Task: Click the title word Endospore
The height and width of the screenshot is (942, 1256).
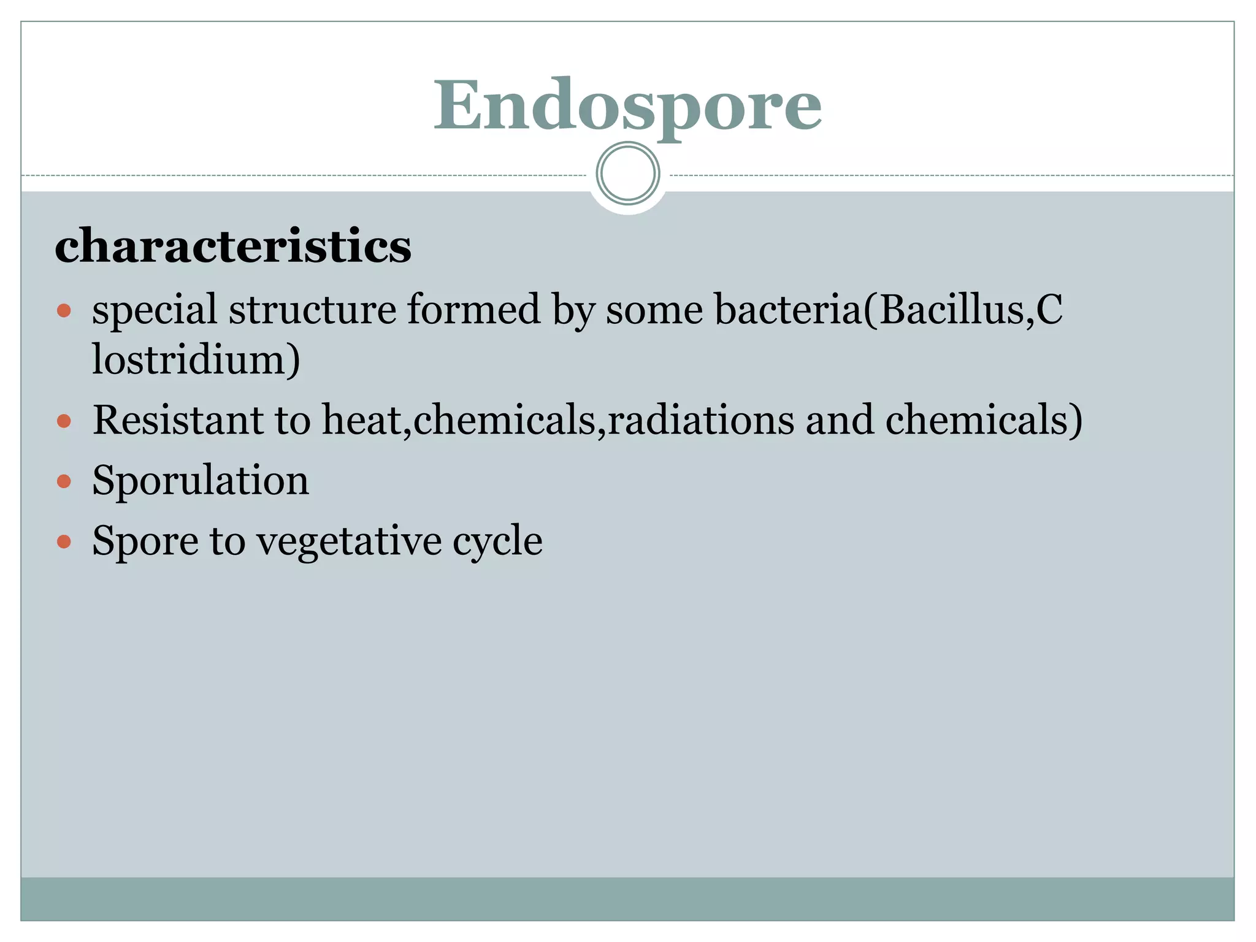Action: [627, 105]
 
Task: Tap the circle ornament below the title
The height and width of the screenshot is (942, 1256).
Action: [627, 173]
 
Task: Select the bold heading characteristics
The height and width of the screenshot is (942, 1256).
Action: [233, 246]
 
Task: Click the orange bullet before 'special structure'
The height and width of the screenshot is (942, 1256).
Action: [64, 310]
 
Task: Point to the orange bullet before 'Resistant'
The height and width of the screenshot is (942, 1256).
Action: [64, 421]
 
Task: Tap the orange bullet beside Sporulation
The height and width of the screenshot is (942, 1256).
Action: [64, 481]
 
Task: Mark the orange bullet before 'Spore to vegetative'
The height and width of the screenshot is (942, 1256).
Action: [64, 542]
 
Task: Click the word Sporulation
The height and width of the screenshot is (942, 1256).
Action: [201, 480]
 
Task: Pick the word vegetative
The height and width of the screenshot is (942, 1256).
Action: [349, 542]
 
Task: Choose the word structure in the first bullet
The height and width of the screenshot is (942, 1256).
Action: [312, 310]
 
